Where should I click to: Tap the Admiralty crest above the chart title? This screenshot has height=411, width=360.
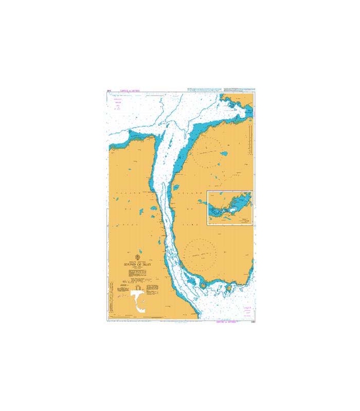pos(137,257)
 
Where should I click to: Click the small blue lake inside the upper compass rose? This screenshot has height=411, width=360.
pos(224,153)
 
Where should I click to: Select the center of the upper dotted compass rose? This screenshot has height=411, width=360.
pos(211,153)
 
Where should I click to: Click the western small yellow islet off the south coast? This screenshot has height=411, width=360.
pos(204,286)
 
